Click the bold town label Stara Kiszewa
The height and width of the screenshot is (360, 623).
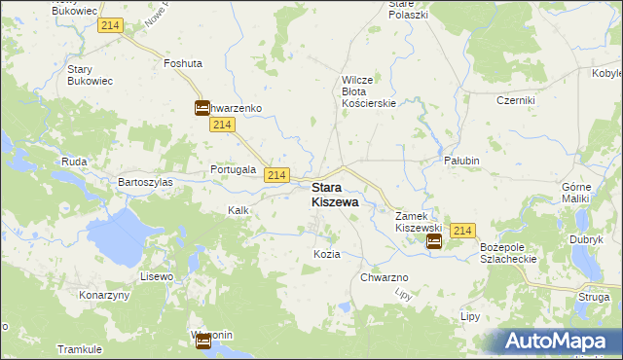pos(334,195)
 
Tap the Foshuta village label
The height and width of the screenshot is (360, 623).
pos(183,63)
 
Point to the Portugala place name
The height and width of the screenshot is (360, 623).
pos(234,169)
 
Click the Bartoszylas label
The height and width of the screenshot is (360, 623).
pos(145,182)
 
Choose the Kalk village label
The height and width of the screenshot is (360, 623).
pos(238,210)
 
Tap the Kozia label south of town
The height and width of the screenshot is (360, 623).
pos(327,254)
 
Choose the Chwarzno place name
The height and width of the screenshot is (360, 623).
pos(385,277)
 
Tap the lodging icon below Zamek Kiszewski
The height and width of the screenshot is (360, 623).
pos(434,241)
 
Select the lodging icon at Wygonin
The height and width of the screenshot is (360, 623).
pos(202,341)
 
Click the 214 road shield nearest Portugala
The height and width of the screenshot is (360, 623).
pos(276,174)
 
